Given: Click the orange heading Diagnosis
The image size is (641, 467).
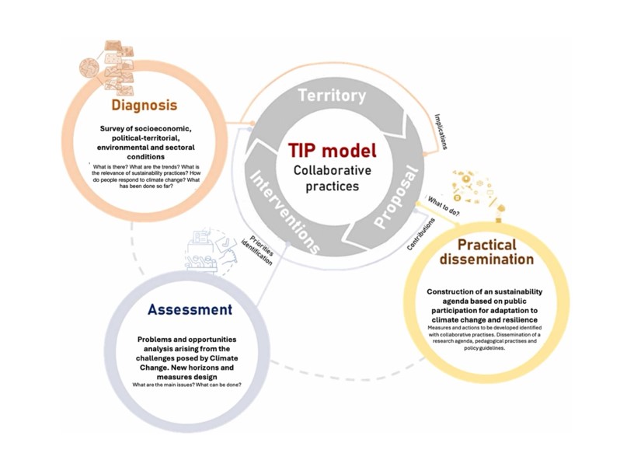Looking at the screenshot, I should (x=144, y=104).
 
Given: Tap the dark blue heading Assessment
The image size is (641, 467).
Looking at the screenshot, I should (x=190, y=310).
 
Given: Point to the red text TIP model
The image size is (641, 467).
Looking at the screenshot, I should (x=332, y=151).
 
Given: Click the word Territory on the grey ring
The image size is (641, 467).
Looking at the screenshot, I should (x=333, y=96).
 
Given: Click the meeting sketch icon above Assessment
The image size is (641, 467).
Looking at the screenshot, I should (x=208, y=249).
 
